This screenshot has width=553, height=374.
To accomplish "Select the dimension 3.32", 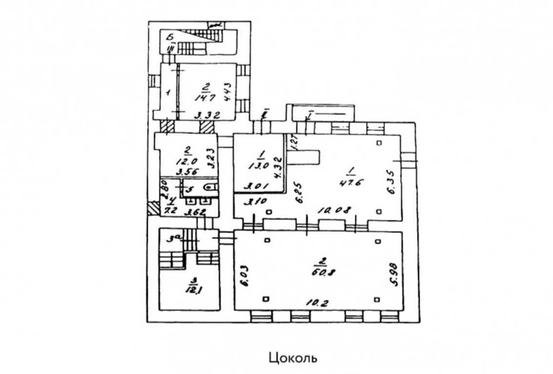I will coord(207,116).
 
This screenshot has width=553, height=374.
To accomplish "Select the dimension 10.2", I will coord(317,302).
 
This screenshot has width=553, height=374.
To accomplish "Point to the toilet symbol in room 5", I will coord(210,186).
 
